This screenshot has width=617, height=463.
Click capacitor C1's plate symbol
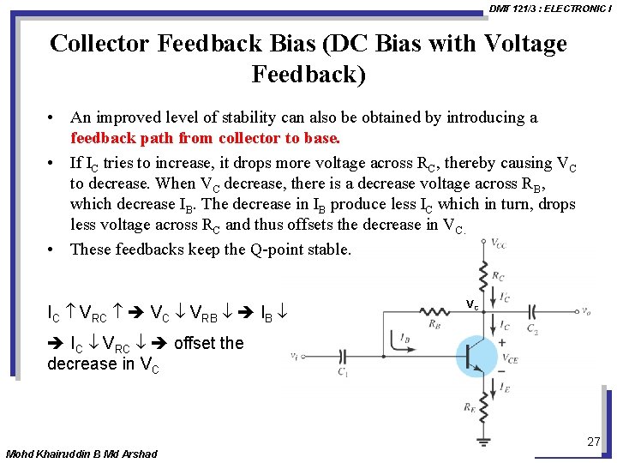point(343,355)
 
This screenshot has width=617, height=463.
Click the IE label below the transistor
point(504,390)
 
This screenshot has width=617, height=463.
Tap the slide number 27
point(593,442)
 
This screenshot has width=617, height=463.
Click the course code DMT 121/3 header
point(512,8)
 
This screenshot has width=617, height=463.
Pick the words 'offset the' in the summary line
point(208,343)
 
